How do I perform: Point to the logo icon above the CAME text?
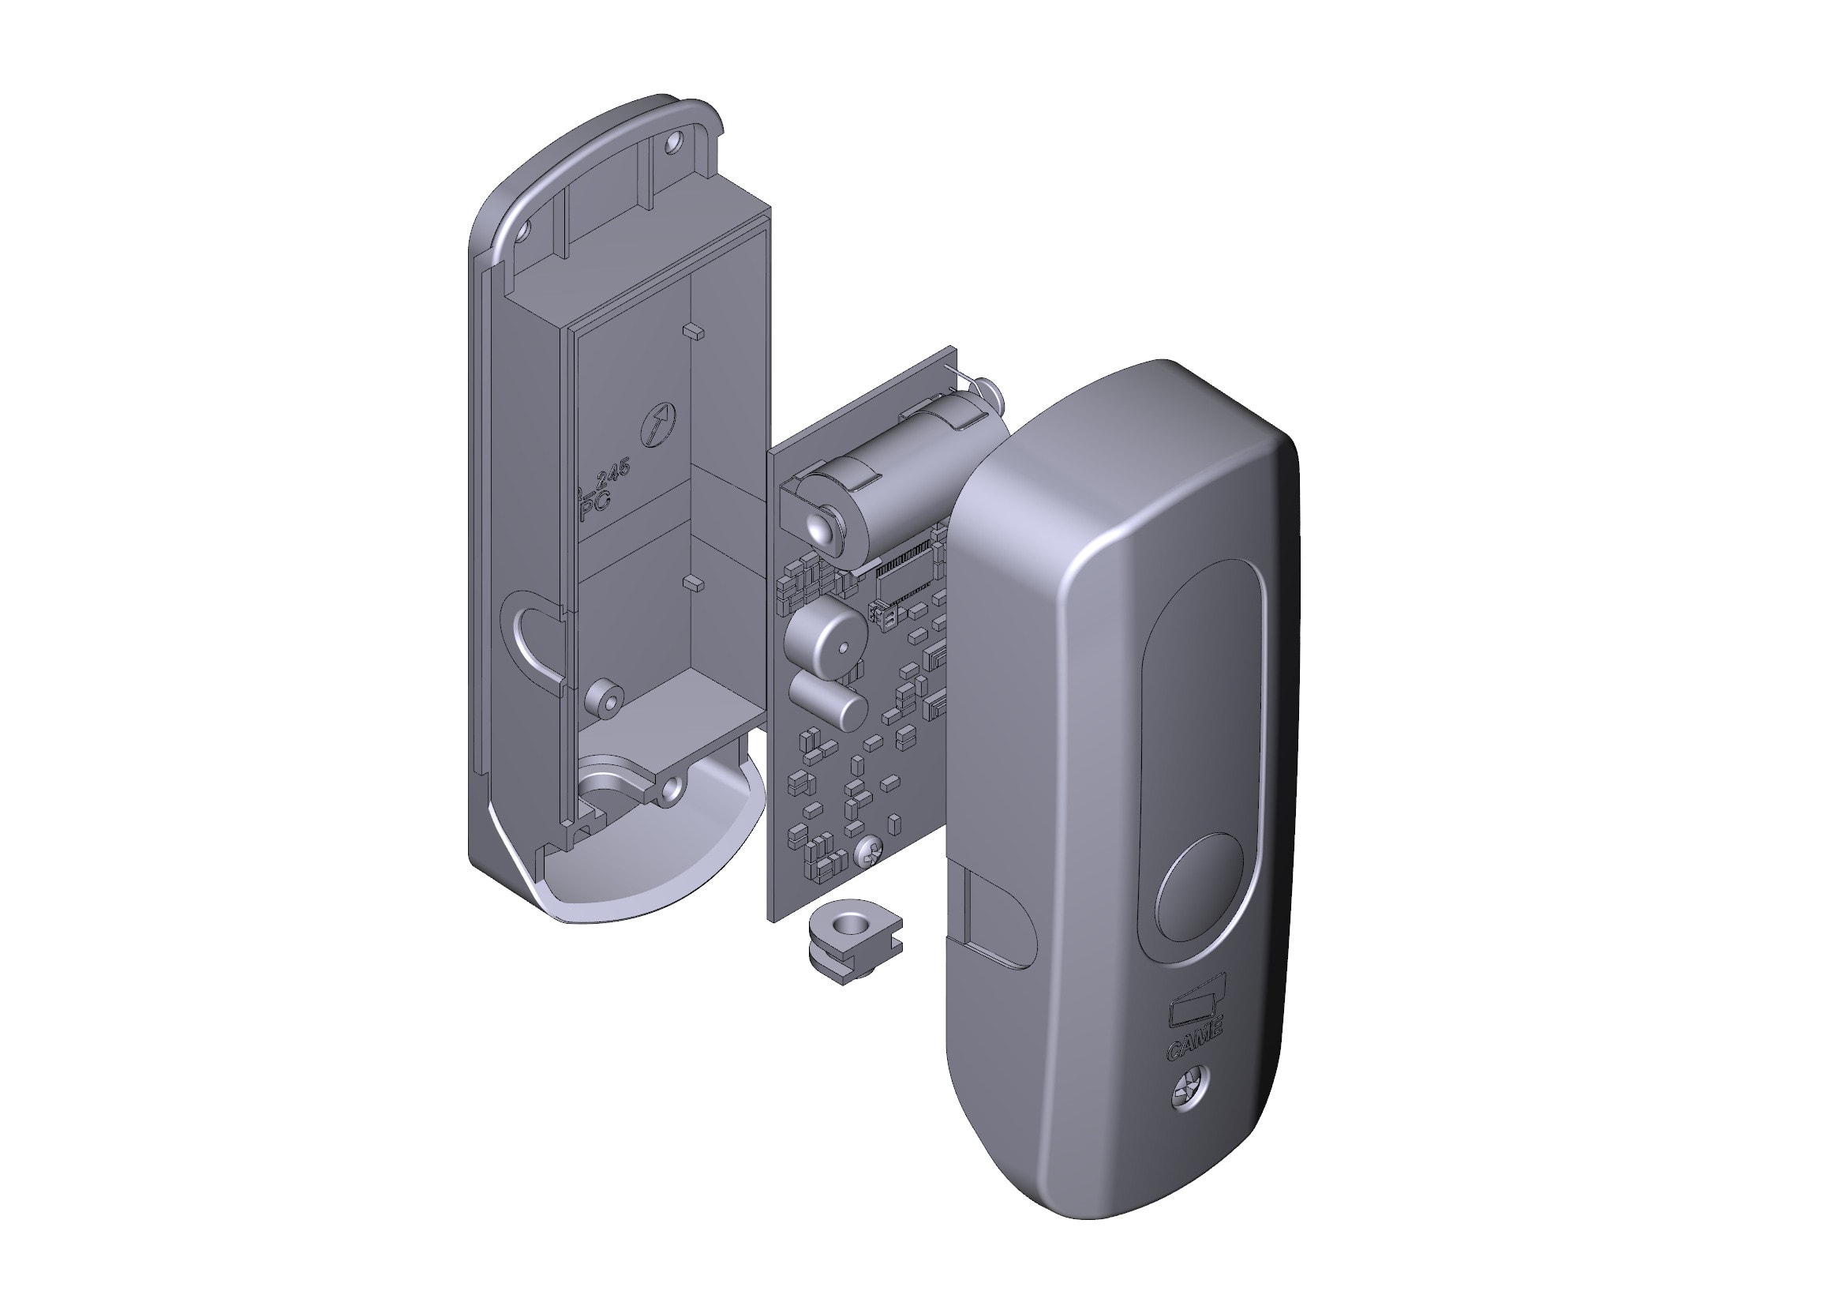1196,1004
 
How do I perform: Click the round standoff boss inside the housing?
605,698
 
